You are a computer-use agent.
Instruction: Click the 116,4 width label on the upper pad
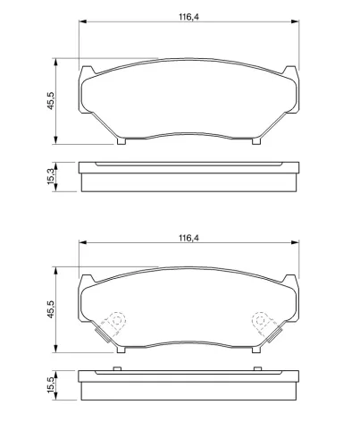click(188, 17)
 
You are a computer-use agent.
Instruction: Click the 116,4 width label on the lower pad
click(188, 238)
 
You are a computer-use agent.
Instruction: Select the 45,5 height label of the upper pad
click(51, 101)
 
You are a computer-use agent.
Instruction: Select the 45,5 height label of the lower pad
click(51, 309)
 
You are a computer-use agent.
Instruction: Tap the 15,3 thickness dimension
click(51, 176)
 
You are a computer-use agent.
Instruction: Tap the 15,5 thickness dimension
click(51, 384)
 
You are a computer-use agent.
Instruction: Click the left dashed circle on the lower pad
click(117, 320)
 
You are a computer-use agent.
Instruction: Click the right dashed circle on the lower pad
click(260, 320)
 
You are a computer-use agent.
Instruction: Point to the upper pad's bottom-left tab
click(121, 141)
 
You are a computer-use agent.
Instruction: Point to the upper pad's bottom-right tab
click(256, 141)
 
